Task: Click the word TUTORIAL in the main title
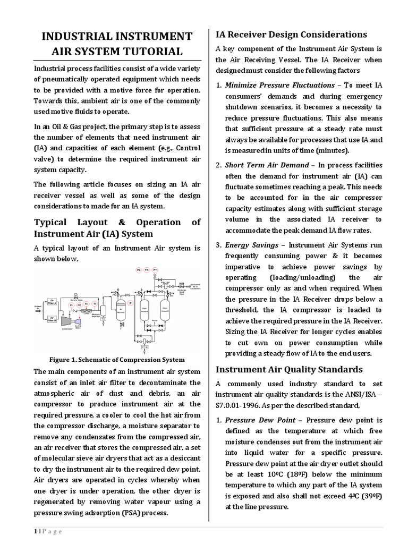click(155, 52)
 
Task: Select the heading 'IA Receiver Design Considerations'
click(291, 35)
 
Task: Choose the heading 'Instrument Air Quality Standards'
click(289, 369)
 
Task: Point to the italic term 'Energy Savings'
click(251, 245)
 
